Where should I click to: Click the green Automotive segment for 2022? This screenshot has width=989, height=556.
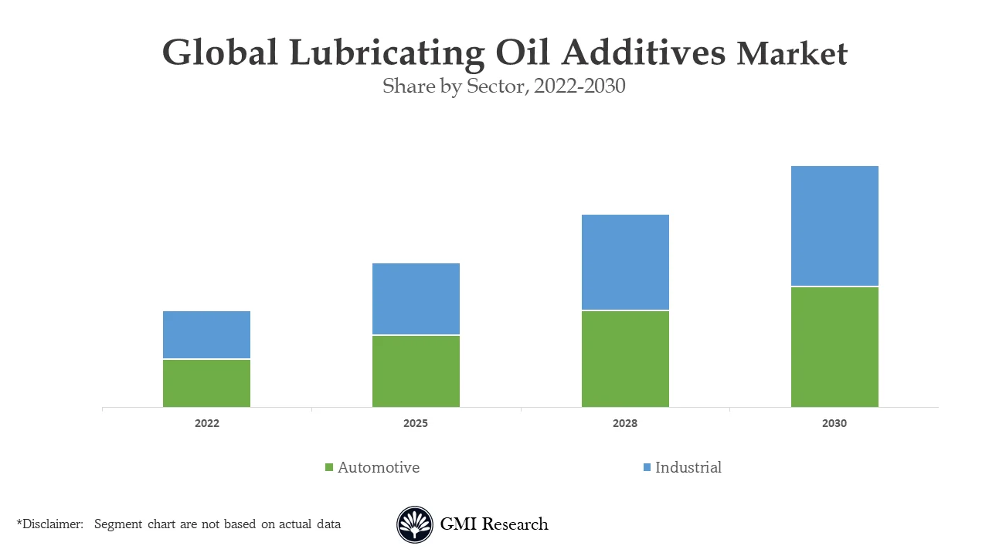pyautogui.click(x=206, y=383)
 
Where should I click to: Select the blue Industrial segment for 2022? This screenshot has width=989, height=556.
pyautogui.click(x=206, y=334)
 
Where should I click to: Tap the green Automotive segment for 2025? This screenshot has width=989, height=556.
pyautogui.click(x=416, y=371)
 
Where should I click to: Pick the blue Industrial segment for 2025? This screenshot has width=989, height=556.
pyautogui.click(x=416, y=299)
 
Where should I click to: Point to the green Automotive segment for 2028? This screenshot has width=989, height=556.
pyautogui.click(x=625, y=359)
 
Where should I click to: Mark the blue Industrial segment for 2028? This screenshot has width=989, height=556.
pyautogui.click(x=625, y=262)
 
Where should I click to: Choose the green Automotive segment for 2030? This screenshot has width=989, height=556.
pyautogui.click(x=834, y=347)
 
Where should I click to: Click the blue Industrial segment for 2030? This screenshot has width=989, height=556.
pyautogui.click(x=834, y=225)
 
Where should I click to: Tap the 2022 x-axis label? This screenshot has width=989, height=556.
pyautogui.click(x=206, y=424)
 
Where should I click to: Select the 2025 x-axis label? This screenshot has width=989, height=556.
pyautogui.click(x=416, y=424)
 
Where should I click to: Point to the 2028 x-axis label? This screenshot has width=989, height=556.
pyautogui.click(x=625, y=424)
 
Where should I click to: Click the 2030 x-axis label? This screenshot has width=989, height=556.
pyautogui.click(x=834, y=424)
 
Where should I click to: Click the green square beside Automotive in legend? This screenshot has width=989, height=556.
pyautogui.click(x=329, y=468)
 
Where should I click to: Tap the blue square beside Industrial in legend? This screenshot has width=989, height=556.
pyautogui.click(x=647, y=468)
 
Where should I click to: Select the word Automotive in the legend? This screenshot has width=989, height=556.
pyautogui.click(x=379, y=467)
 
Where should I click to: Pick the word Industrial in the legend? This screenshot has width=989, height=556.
pyautogui.click(x=688, y=467)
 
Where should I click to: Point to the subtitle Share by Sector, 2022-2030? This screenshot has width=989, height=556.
pyautogui.click(x=504, y=86)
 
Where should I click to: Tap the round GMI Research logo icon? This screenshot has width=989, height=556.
pyautogui.click(x=415, y=524)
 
